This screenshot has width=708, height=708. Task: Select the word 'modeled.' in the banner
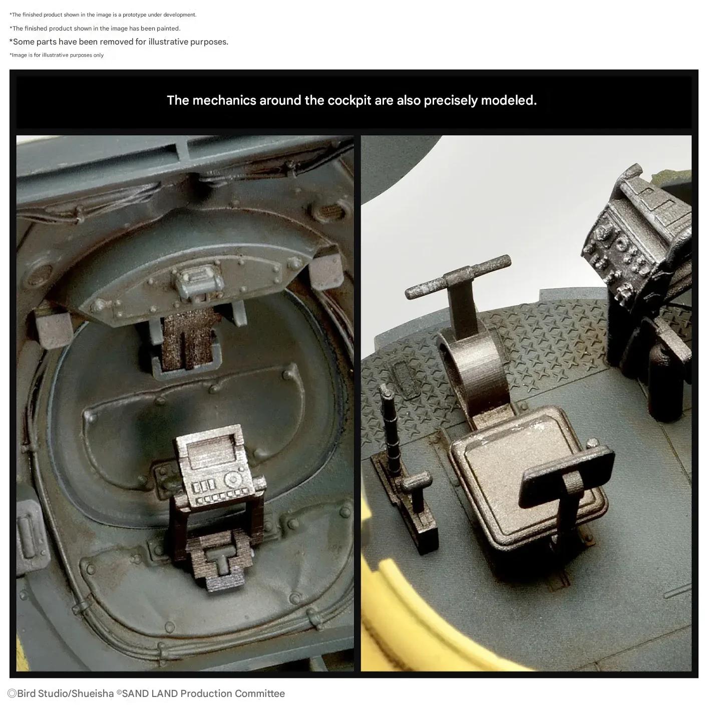point(508,101)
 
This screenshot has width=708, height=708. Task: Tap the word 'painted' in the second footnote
point(169,29)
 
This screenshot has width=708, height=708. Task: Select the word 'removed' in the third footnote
point(115,42)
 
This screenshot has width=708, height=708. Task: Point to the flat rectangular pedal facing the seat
point(568,476)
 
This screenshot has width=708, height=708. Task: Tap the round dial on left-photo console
point(233,479)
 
